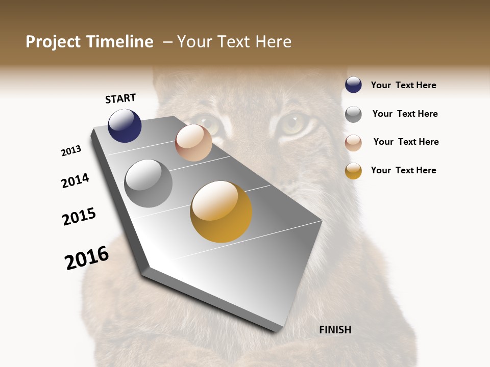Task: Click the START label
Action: tap(120, 98)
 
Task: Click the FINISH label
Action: tap(335, 330)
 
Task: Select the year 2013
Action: tap(71, 151)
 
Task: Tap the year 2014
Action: tap(75, 180)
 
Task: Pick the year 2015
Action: tap(79, 217)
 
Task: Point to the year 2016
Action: tap(87, 258)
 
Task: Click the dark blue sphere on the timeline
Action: tap(125, 126)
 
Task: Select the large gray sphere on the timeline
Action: tap(149, 183)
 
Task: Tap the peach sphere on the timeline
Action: tap(193, 143)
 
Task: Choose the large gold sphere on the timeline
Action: tap(221, 212)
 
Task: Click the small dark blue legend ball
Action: tap(353, 85)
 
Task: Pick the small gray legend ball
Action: tap(353, 114)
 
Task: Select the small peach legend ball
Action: tap(353, 142)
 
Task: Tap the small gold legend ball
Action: tap(353, 170)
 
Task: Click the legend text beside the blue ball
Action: tap(403, 85)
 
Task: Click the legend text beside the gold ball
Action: tap(403, 170)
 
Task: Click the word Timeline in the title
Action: tap(120, 42)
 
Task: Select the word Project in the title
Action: tap(53, 42)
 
